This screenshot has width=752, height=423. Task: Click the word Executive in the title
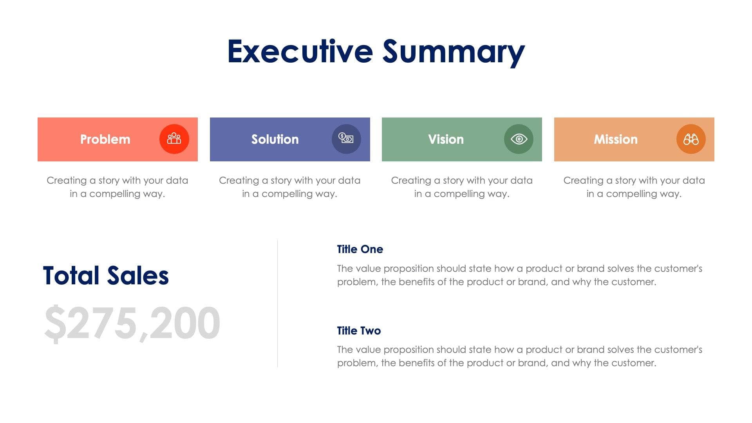click(x=300, y=51)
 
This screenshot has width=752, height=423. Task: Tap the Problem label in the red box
click(x=105, y=139)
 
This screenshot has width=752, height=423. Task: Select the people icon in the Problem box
click(x=174, y=139)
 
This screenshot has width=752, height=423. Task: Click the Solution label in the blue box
click(x=275, y=139)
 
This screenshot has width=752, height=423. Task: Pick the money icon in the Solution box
click(x=346, y=139)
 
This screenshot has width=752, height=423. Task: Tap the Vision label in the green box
click(x=446, y=139)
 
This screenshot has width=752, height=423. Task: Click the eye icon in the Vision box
click(x=519, y=139)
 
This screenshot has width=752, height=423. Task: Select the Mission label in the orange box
click(x=616, y=139)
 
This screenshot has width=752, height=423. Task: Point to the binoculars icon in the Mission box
click(x=691, y=139)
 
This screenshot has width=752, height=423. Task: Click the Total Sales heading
click(x=106, y=275)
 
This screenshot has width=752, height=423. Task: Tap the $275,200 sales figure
click(x=132, y=324)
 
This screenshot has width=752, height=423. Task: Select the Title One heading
click(x=360, y=249)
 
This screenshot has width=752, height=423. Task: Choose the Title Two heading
click(x=359, y=331)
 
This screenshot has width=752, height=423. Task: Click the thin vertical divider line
click(x=277, y=304)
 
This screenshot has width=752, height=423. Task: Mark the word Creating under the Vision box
click(x=411, y=181)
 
